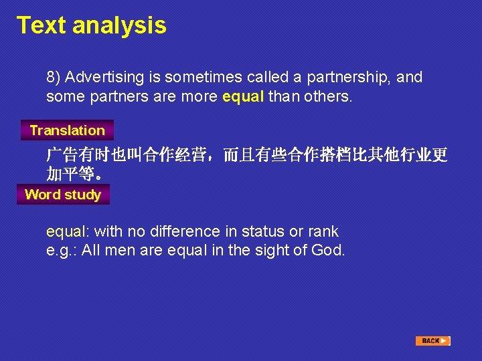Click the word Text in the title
[x=42, y=25]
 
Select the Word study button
[x=62, y=195]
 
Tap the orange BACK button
[x=432, y=341]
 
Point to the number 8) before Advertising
[x=54, y=78]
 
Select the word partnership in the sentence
[x=349, y=78]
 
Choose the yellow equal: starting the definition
[x=68, y=232]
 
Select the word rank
[x=323, y=232]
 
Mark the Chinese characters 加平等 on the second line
[x=70, y=175]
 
